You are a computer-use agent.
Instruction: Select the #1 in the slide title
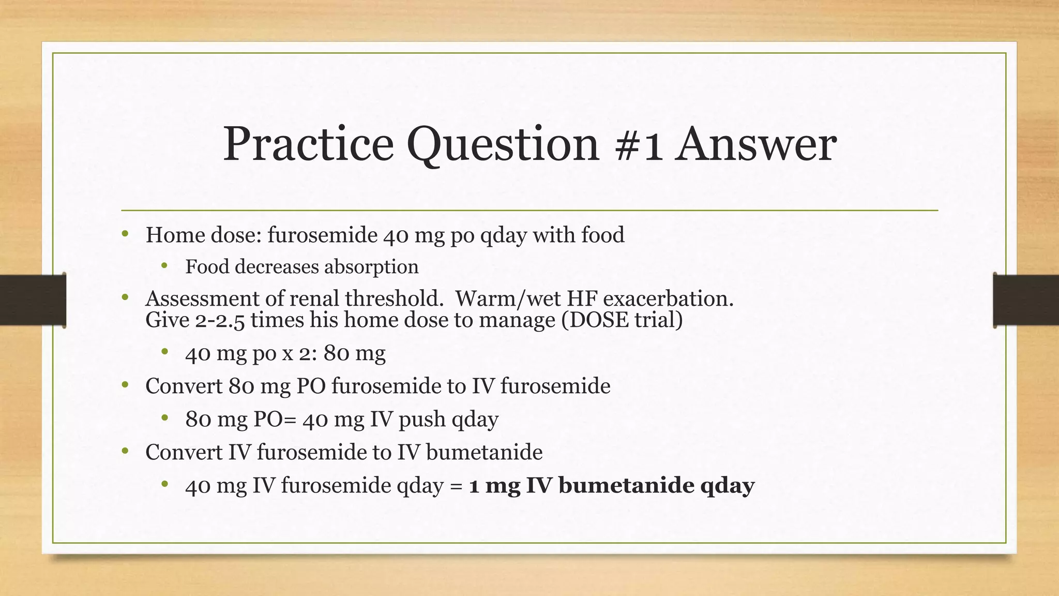639,145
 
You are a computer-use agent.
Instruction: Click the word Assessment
201,299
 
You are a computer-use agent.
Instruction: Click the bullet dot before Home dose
125,234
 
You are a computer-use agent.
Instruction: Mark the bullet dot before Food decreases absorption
164,266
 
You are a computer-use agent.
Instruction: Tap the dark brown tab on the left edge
33,300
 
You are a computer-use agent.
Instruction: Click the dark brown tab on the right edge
1026,300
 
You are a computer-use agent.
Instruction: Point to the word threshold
392,299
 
